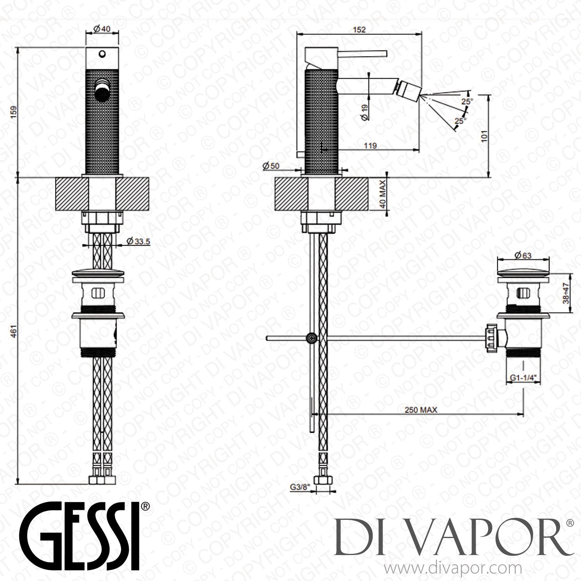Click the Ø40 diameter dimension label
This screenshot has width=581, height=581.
pyautogui.click(x=102, y=28)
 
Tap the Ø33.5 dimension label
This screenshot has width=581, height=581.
pyautogui.click(x=138, y=241)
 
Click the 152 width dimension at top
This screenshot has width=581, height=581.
pyautogui.click(x=359, y=29)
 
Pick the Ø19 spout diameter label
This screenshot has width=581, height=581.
pyautogui.click(x=364, y=112)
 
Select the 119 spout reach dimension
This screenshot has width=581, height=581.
pyautogui.click(x=371, y=146)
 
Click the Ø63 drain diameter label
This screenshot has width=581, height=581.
pyautogui.click(x=523, y=255)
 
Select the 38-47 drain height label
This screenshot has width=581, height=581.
pyautogui.click(x=566, y=292)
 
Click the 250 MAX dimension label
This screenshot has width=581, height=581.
pyautogui.click(x=420, y=410)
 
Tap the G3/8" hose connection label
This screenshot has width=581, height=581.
pyautogui.click(x=301, y=488)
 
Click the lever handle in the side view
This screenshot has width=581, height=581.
pyautogui.click(x=362, y=53)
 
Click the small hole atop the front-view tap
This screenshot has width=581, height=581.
pyautogui.click(x=102, y=53)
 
